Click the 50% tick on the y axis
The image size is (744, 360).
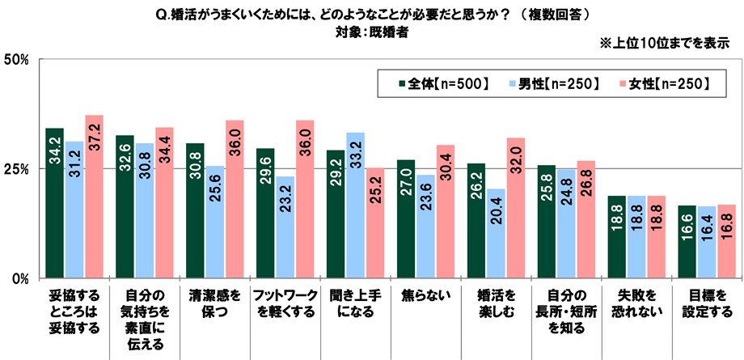point(16,59)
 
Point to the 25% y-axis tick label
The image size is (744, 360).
point(16,169)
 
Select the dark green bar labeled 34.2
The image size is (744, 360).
point(55,203)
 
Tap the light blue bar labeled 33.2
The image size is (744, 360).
point(356,205)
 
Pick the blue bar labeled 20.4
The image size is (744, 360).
point(497,234)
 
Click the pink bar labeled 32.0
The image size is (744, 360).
point(517,208)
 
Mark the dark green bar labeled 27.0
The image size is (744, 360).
point(406,219)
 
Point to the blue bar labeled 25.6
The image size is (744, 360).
point(215,222)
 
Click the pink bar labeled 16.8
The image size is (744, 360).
point(727,242)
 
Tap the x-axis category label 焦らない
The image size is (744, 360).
point(425,295)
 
